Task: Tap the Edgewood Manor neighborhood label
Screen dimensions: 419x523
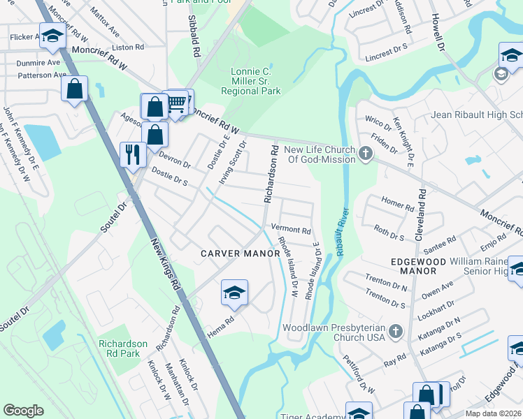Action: (x=418, y=265)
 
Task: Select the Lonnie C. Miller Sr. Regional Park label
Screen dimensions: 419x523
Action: (x=250, y=81)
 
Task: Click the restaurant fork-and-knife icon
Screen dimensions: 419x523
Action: (x=132, y=154)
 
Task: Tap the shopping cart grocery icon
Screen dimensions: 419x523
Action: (x=178, y=103)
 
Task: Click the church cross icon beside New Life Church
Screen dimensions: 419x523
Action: (x=365, y=154)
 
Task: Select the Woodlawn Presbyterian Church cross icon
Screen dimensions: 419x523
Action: (x=396, y=329)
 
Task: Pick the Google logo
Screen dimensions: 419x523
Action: (x=23, y=411)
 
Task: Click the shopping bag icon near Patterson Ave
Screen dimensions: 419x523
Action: (x=74, y=89)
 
